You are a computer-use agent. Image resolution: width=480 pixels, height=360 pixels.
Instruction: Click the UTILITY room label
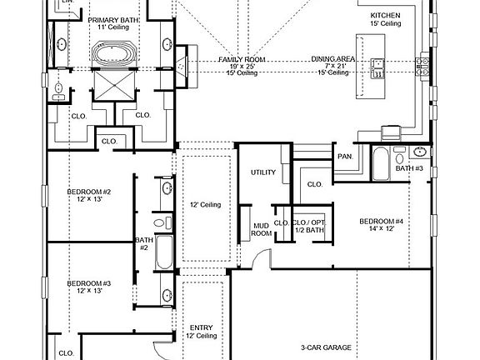coord(262,172)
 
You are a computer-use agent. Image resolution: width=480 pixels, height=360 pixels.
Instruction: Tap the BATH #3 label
coord(409,168)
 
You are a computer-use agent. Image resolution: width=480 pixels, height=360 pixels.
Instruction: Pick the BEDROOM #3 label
coord(88,286)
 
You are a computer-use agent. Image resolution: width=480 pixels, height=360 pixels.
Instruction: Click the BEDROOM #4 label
coord(381,225)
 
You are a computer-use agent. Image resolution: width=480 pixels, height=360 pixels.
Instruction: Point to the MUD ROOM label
coord(262,230)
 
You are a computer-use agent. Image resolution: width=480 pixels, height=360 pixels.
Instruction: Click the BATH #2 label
coord(142,244)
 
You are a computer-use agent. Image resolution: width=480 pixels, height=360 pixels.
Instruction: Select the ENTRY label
coord(202,331)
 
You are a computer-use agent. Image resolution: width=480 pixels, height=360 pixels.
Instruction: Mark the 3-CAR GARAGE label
coord(325,347)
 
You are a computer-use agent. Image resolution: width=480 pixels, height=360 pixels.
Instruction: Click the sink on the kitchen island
coord(377,67)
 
